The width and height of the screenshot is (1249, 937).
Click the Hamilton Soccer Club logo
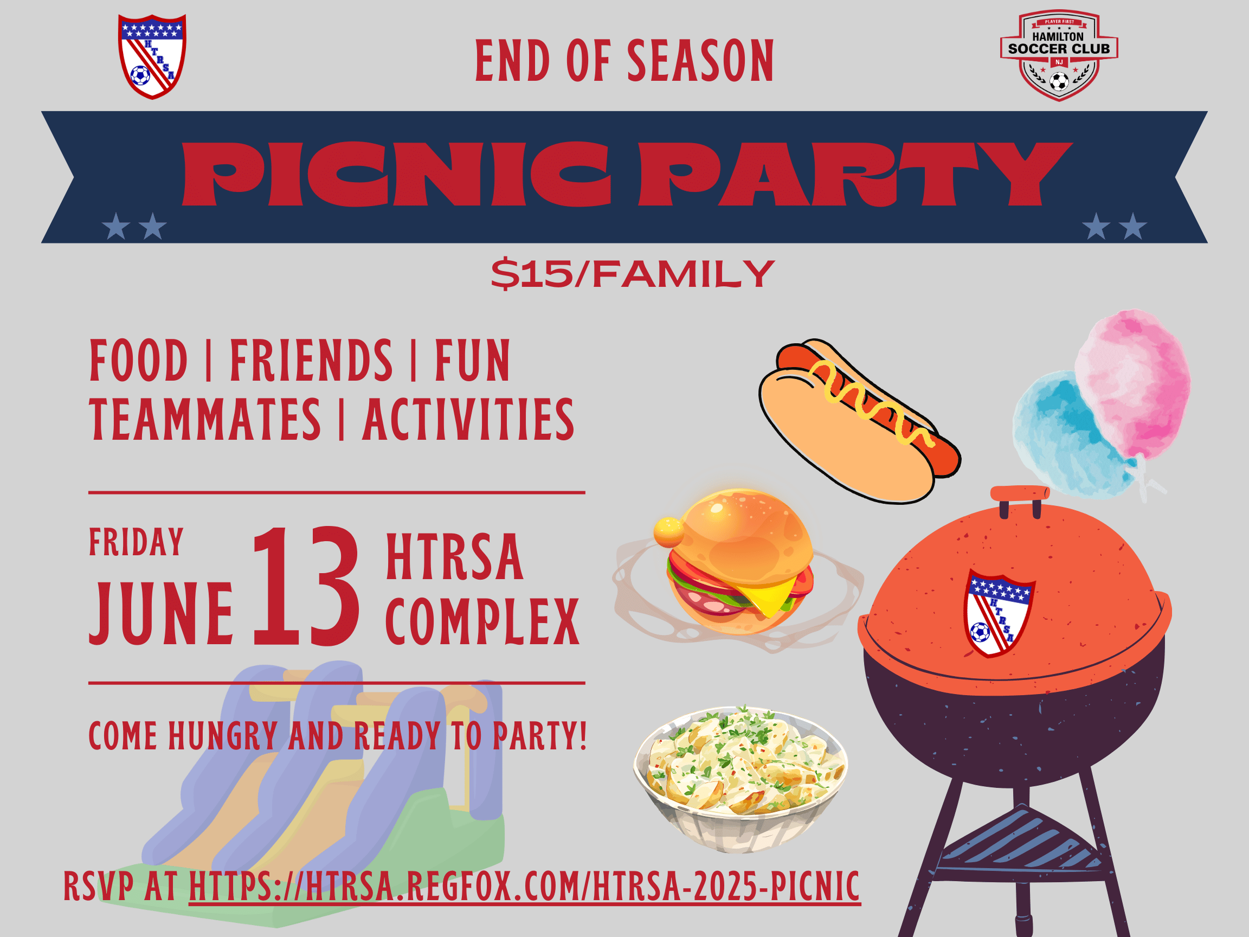(x=1059, y=55)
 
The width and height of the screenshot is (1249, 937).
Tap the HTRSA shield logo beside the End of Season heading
(x=152, y=56)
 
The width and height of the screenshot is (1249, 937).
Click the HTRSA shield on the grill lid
(x=999, y=614)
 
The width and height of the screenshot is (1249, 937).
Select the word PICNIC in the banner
(x=396, y=174)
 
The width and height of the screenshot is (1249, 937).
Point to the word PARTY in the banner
(x=855, y=174)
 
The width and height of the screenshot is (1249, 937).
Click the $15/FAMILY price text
(x=633, y=274)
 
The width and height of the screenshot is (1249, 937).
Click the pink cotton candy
(x=1132, y=384)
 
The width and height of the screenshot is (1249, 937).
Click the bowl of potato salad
(x=741, y=778)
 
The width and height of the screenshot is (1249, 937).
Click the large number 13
(x=306, y=586)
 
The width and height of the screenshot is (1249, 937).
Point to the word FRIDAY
(x=136, y=542)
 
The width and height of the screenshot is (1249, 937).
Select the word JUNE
(x=161, y=613)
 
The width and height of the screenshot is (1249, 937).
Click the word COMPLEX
(x=482, y=621)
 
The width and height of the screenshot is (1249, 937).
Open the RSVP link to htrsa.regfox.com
(x=525, y=886)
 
